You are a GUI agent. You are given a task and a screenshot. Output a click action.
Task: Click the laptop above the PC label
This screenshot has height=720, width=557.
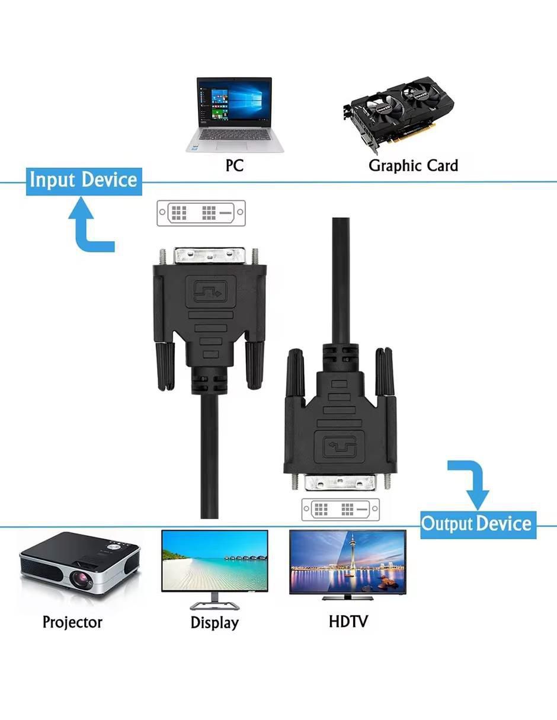tap(235, 114)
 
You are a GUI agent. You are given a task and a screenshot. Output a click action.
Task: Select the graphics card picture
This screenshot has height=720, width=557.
tap(398, 114)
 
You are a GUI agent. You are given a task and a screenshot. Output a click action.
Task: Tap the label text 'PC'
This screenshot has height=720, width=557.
tap(235, 165)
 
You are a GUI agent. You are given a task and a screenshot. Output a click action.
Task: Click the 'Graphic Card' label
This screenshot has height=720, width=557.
tap(413, 166)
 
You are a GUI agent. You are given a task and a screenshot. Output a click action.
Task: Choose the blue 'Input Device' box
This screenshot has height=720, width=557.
tap(84, 181)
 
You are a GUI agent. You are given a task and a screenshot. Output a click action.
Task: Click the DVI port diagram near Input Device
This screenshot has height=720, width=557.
tap(201, 213)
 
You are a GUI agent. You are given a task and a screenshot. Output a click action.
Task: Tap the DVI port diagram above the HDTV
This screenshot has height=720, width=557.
tap(341, 508)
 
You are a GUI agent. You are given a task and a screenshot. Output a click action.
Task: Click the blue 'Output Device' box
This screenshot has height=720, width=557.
tap(478, 524)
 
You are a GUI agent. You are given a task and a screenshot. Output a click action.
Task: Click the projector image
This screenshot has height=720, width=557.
tap(79, 565)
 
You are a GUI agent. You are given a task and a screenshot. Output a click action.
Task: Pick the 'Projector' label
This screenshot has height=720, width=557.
tap(72, 622)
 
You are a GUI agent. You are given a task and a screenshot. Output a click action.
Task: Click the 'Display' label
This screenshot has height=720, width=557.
tap(215, 622)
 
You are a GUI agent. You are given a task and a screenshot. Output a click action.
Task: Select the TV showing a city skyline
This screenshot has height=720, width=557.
tap(348, 564)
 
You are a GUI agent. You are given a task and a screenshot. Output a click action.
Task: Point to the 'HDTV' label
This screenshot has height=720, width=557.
tap(348, 621)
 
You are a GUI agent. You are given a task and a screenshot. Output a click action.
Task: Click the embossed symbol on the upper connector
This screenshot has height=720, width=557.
tap(210, 292)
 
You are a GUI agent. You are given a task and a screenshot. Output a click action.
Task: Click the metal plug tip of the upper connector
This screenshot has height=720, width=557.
tap(210, 255)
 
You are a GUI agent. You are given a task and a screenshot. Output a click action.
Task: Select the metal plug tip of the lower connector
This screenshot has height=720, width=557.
tap(340, 482)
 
